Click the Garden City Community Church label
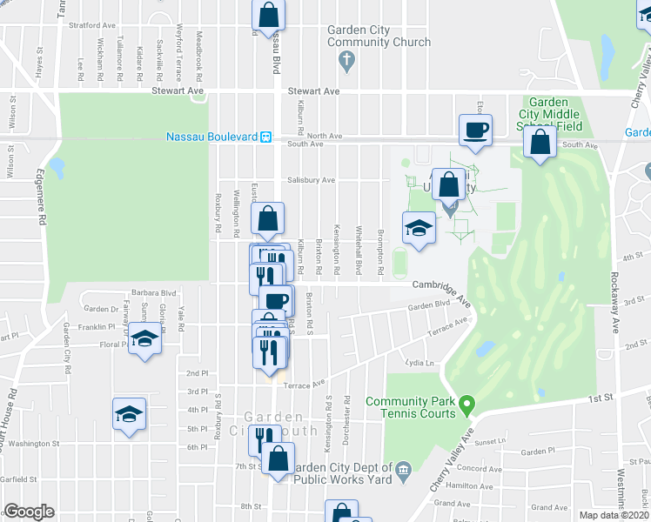(379, 36)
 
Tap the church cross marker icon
(346, 61)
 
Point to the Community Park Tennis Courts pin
(467, 405)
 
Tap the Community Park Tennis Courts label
(411, 407)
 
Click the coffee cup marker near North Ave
(475, 130)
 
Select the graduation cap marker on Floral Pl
(146, 338)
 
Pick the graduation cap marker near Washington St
(129, 413)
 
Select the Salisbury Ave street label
(311, 180)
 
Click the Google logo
(29, 512)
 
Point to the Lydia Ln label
(419, 363)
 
